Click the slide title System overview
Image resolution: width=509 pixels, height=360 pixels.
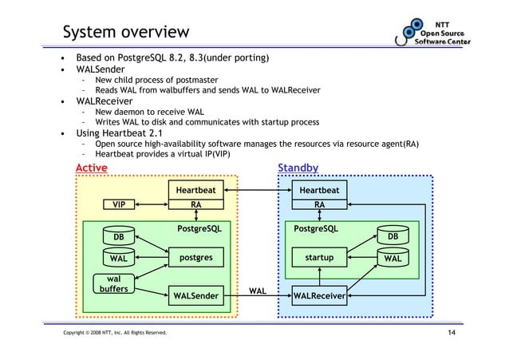[x=126, y=32]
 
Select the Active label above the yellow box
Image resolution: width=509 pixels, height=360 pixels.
[x=91, y=168]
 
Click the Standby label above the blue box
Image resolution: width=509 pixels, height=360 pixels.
[x=298, y=168]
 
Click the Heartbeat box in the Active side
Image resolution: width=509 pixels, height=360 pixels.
[x=195, y=190]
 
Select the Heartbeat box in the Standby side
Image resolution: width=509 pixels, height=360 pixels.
[x=318, y=190]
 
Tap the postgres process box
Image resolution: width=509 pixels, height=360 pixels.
[x=195, y=258]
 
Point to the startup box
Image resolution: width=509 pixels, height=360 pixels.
[x=318, y=258]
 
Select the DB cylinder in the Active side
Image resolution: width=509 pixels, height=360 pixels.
[x=118, y=237]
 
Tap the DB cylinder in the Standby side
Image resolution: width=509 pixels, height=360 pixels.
[x=392, y=237]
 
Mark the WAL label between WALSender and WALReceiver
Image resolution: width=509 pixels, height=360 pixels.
[x=257, y=291]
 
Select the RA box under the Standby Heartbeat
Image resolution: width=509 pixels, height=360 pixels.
[x=318, y=204]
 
